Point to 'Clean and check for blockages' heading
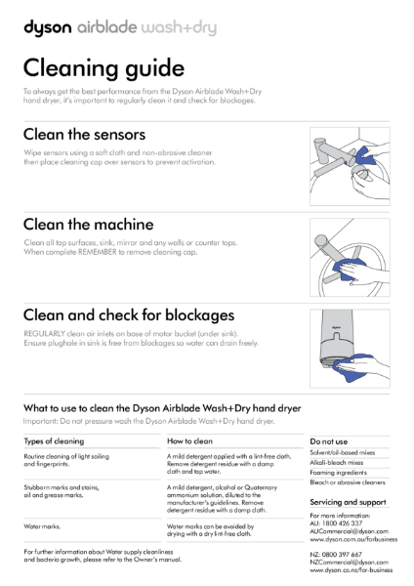[x=128, y=315]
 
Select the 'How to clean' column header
[x=191, y=441]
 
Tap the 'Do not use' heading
[x=328, y=441]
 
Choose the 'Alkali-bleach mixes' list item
[x=337, y=464]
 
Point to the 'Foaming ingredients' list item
[x=338, y=474]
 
